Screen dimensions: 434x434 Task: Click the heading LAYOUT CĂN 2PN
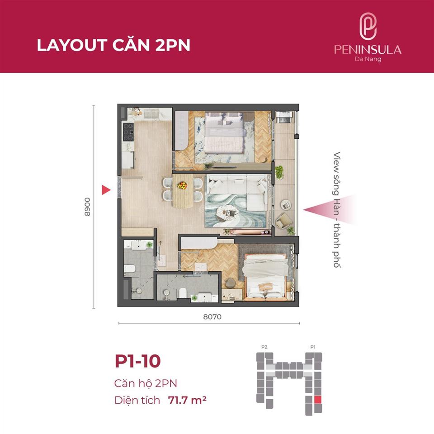pyautogui.click(x=113, y=46)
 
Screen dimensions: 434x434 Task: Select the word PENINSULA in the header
pyautogui.click(x=368, y=49)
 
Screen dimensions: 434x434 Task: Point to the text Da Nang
pyautogui.click(x=368, y=59)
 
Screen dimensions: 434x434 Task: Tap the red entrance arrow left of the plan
pyautogui.click(x=106, y=190)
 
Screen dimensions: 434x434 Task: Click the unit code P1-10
pyautogui.click(x=137, y=362)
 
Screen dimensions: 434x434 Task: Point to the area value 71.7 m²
pyautogui.click(x=187, y=400)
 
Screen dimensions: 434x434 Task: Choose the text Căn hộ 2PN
pyautogui.click(x=146, y=383)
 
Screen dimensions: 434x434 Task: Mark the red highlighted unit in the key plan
pyautogui.click(x=318, y=400)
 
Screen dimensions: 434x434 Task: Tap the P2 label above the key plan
pyautogui.click(x=264, y=347)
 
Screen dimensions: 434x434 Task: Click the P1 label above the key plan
pyautogui.click(x=312, y=347)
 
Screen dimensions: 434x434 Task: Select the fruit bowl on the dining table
pyautogui.click(x=182, y=185)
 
